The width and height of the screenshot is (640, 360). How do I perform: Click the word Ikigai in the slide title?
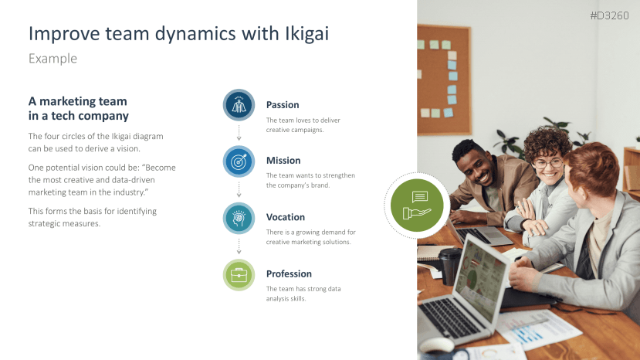coord(306,34)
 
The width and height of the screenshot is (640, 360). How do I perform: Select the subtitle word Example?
coord(52,59)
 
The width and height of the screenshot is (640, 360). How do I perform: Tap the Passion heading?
coord(283,105)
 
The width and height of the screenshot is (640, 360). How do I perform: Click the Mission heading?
coord(283,161)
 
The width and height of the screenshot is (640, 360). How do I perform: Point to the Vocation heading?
coord(286,217)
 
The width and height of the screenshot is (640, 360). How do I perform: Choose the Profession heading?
coord(289,273)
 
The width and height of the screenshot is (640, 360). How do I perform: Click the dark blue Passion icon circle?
coord(239,105)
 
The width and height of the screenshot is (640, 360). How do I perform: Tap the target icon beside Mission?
coord(239,161)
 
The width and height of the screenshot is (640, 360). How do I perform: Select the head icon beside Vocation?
coord(239,218)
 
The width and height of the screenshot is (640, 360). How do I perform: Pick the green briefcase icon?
coord(239,275)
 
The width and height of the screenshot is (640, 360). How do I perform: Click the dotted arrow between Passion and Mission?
coord(239,133)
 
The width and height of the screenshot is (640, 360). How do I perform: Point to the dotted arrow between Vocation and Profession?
coord(239,246)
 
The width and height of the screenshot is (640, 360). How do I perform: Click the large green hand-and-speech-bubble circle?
coord(417,205)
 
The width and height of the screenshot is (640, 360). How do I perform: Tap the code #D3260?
coord(609,15)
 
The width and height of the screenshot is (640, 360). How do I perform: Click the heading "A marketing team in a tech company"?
coord(79,108)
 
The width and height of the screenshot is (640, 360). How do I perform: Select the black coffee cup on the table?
coord(449,266)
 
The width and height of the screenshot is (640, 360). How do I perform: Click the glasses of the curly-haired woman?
coord(548,164)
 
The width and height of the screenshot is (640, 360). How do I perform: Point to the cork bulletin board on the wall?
coord(444,80)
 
